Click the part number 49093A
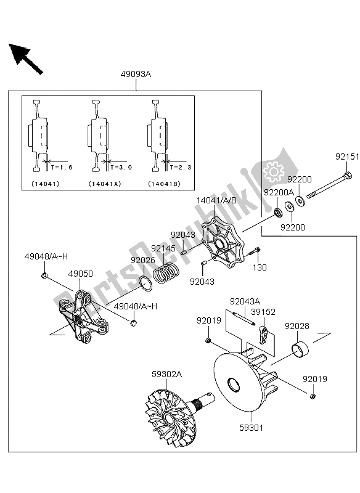pyautogui.click(x=135, y=75)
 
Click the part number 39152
pyautogui.click(x=263, y=312)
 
